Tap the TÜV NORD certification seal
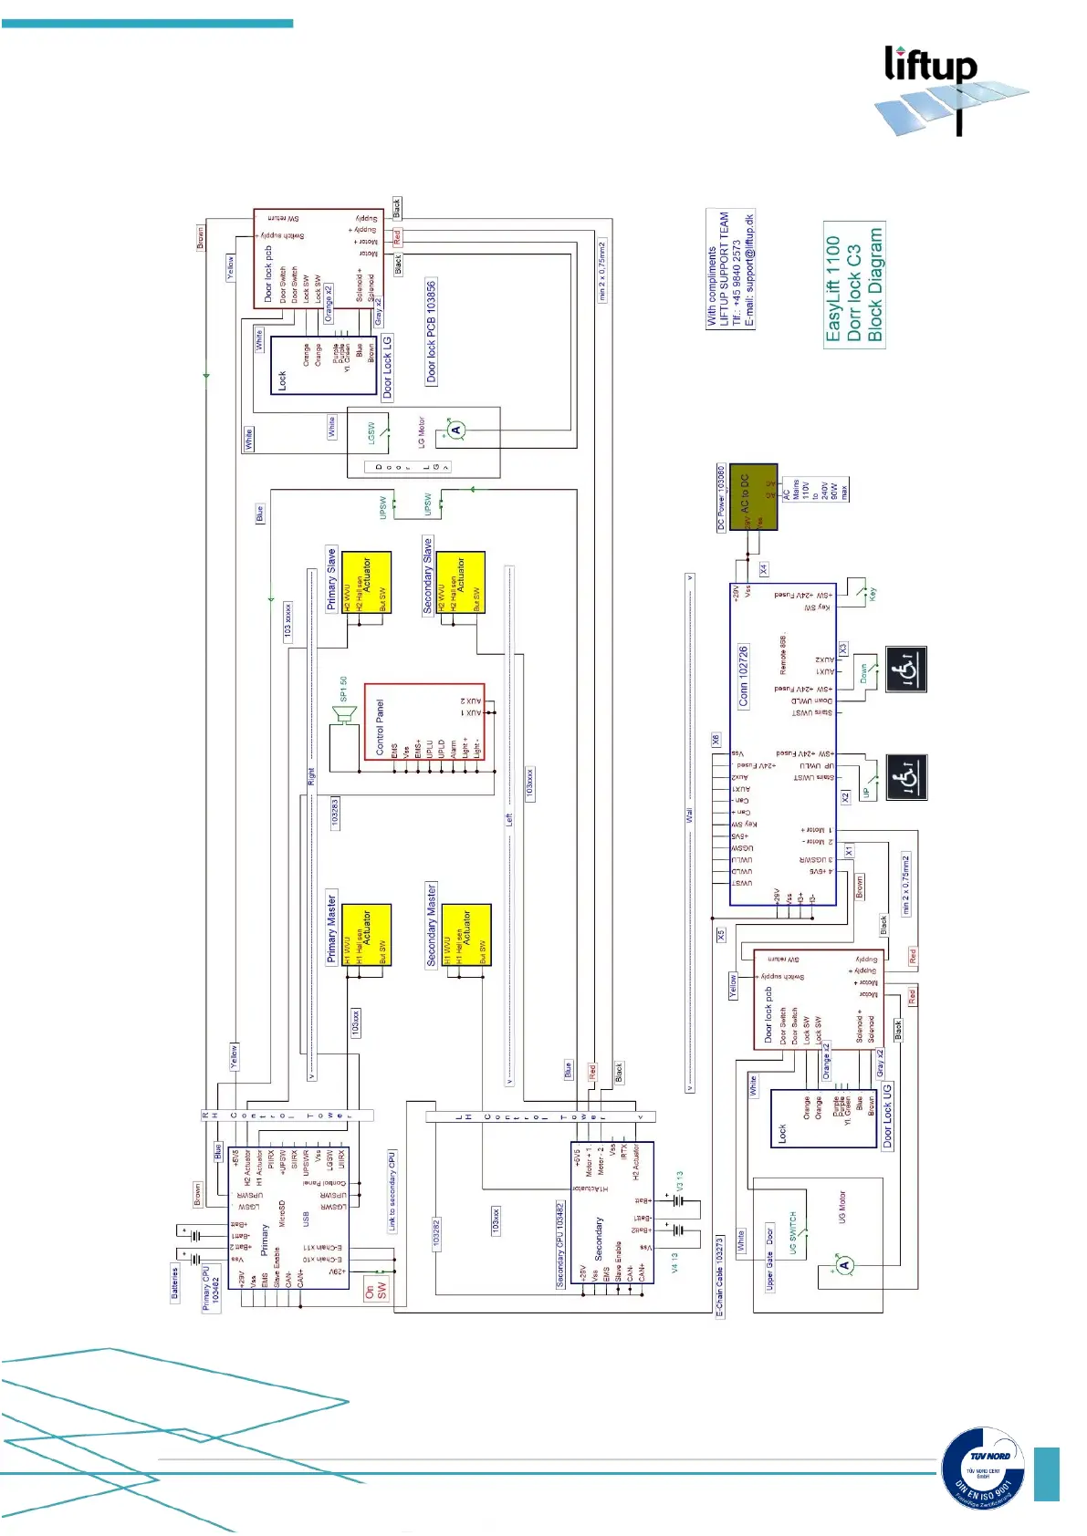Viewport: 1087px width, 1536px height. pyautogui.click(x=983, y=1469)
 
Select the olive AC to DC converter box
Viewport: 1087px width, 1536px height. pyautogui.click(x=753, y=496)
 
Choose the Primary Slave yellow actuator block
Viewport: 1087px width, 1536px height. pyautogui.click(x=367, y=582)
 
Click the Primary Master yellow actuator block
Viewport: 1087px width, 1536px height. pyautogui.click(x=367, y=934)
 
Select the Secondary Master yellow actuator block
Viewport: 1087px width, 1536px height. pyautogui.click(x=466, y=934)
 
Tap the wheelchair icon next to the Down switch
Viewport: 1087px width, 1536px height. pyautogui.click(x=906, y=669)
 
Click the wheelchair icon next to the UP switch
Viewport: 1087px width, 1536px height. pyautogui.click(x=906, y=777)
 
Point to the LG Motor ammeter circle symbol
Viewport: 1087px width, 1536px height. pyautogui.click(x=456, y=430)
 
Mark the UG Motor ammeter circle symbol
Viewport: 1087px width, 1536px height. pyautogui.click(x=845, y=1264)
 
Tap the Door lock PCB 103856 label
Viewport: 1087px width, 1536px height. pyautogui.click(x=432, y=331)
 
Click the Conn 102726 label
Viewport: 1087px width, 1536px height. pyautogui.click(x=743, y=676)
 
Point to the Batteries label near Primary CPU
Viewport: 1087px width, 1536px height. pyautogui.click(x=175, y=1284)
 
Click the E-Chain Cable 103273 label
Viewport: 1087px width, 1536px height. pyautogui.click(x=719, y=1277)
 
